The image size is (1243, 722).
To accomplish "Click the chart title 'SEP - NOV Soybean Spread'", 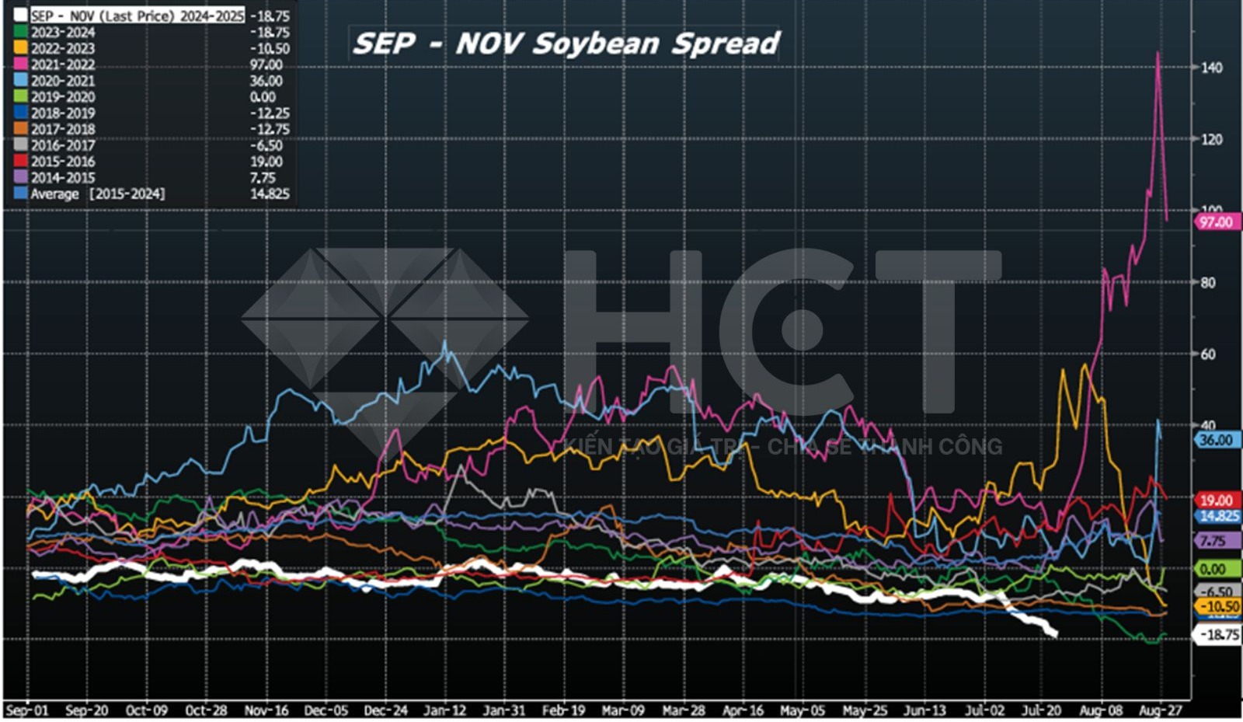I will click(x=566, y=44).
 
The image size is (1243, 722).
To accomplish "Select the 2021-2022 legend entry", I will click(x=63, y=65).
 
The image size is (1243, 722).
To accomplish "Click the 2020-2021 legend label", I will click(x=63, y=81).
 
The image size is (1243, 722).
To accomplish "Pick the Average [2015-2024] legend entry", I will click(x=97, y=194).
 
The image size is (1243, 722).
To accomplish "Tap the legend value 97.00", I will click(x=266, y=65).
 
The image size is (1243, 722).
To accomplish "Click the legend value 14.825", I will click(x=270, y=194).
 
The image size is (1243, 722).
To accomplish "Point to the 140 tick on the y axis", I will click(x=1211, y=68).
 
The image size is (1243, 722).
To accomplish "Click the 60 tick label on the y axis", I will click(x=1208, y=354).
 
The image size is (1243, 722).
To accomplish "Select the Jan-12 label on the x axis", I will click(x=444, y=710).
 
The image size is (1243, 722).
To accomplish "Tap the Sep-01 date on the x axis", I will click(x=26, y=710).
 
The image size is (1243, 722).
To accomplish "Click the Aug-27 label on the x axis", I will click(x=1160, y=710).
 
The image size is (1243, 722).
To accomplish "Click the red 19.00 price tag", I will click(x=1216, y=501).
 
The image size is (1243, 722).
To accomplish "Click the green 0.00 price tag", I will click(x=1213, y=569).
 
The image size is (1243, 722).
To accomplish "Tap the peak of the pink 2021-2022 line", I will click(x=1158, y=53).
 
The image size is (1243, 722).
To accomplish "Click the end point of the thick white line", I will click(x=1054, y=634).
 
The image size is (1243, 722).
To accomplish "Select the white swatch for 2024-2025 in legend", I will click(x=20, y=16).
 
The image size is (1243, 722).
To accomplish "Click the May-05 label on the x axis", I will click(x=803, y=710).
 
